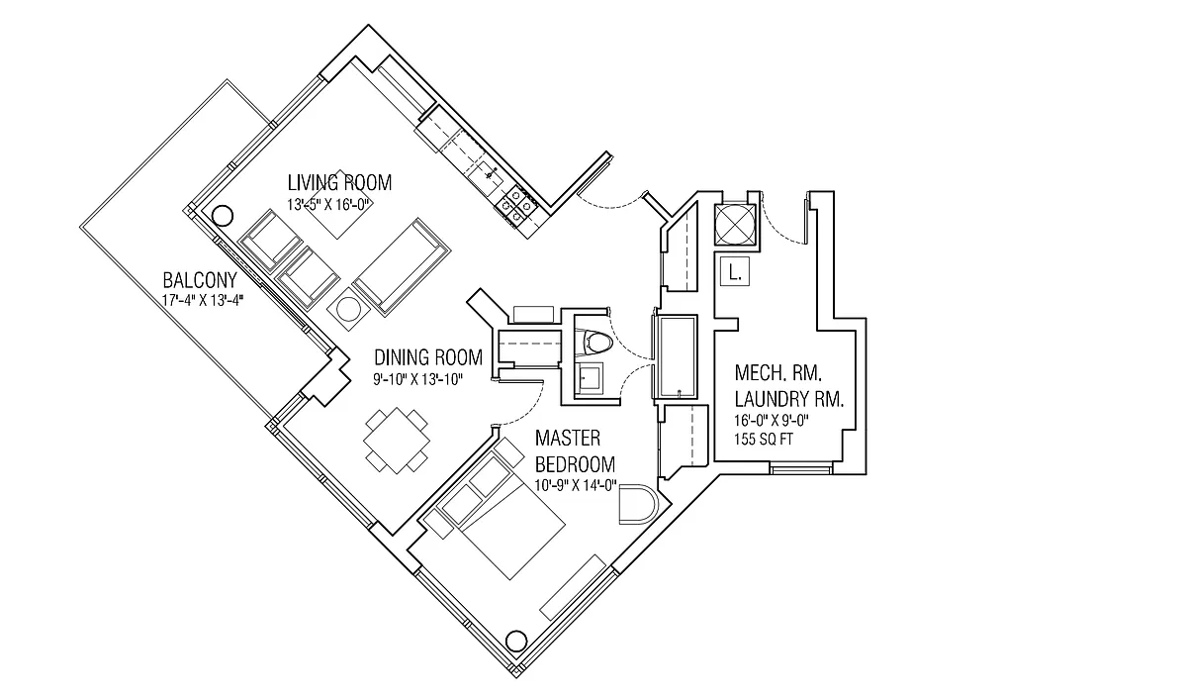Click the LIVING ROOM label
339,182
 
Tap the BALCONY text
200,280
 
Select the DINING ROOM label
427,357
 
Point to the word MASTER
569,438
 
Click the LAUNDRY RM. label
788,399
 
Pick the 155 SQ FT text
767,440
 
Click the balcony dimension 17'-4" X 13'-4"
202,300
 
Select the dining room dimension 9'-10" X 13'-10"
418,378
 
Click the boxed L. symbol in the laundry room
735,270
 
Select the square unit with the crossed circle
735,223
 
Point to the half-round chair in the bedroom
634,505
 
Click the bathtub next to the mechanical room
679,357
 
